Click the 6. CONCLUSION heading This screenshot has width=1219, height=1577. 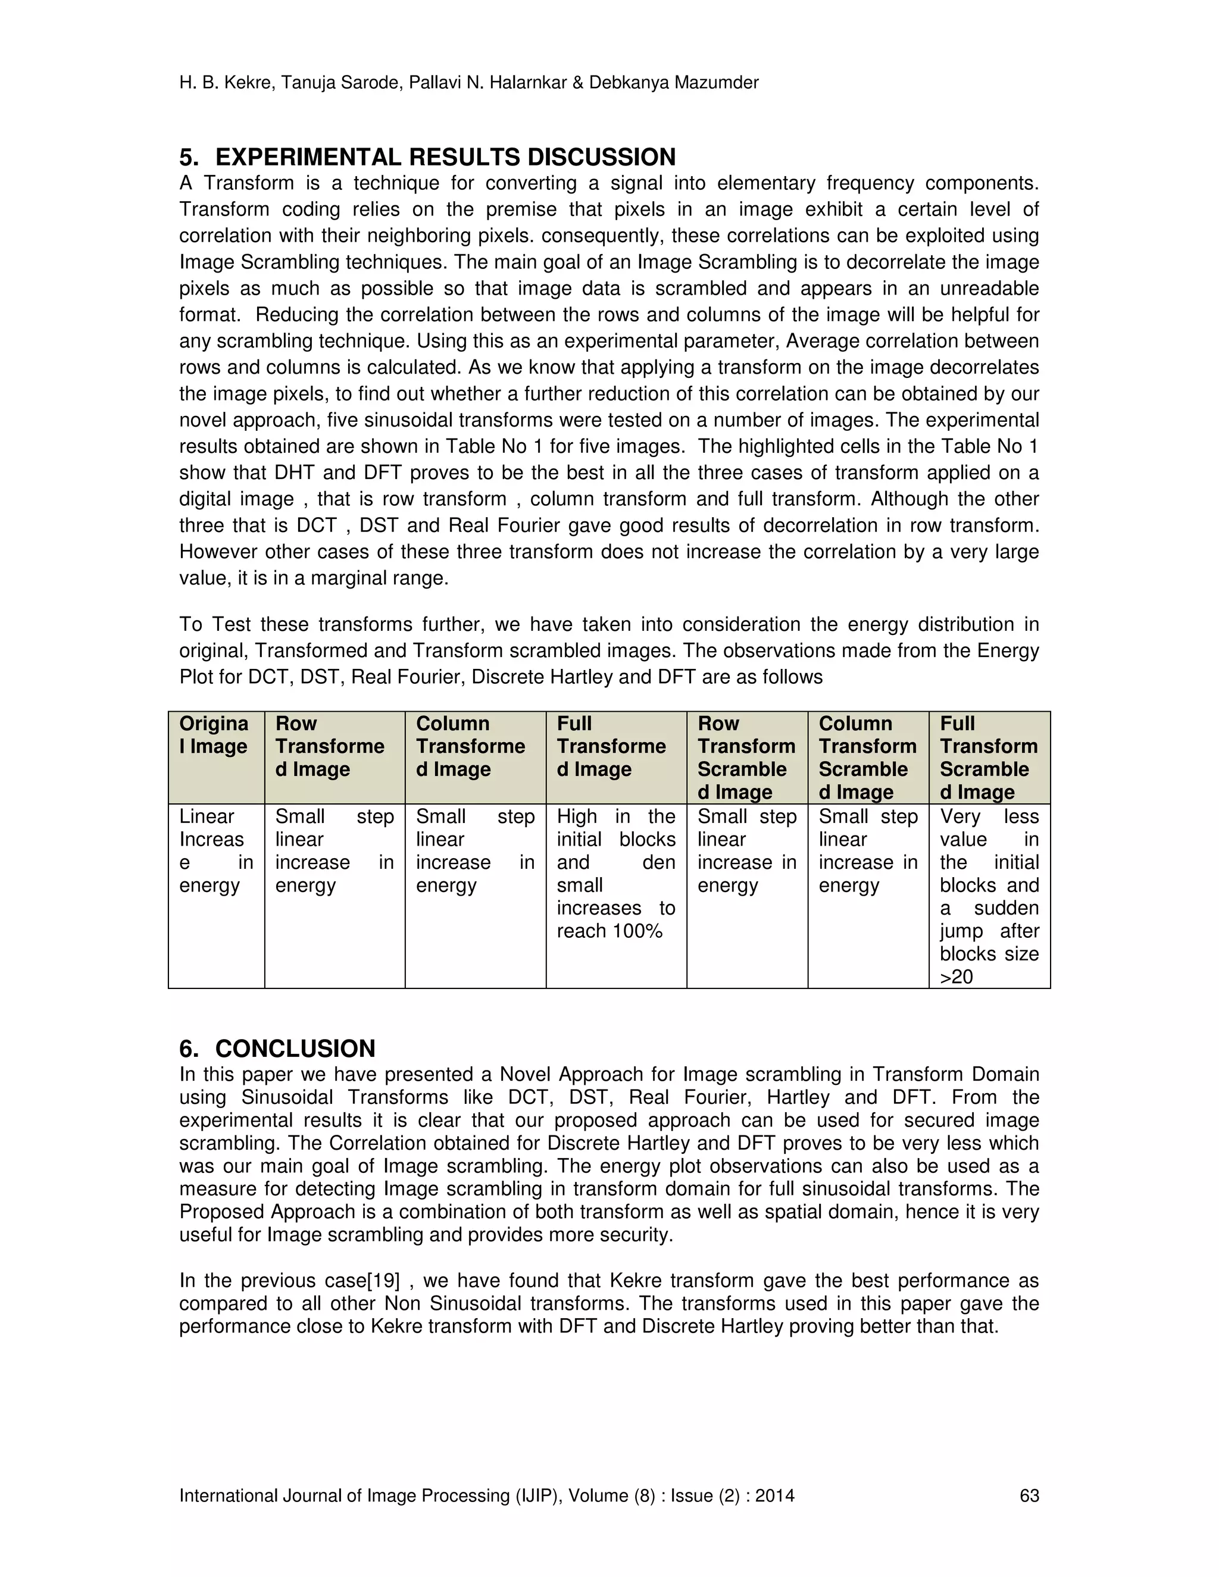coord(277,1049)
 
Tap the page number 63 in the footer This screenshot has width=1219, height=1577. coord(1029,1495)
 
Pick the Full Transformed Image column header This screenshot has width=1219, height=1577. coord(611,746)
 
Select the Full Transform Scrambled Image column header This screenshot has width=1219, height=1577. coord(988,758)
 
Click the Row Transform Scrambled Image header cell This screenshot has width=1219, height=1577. coord(746,758)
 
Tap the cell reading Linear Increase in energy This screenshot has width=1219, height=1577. coord(215,850)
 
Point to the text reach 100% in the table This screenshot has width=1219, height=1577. coord(609,931)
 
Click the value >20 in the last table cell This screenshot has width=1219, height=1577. coord(956,977)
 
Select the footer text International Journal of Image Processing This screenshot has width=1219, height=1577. coord(369,1495)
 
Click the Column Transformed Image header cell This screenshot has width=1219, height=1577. coord(470,746)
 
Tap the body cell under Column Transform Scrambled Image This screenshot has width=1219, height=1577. coord(867,850)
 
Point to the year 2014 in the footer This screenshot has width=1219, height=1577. coord(775,1495)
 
